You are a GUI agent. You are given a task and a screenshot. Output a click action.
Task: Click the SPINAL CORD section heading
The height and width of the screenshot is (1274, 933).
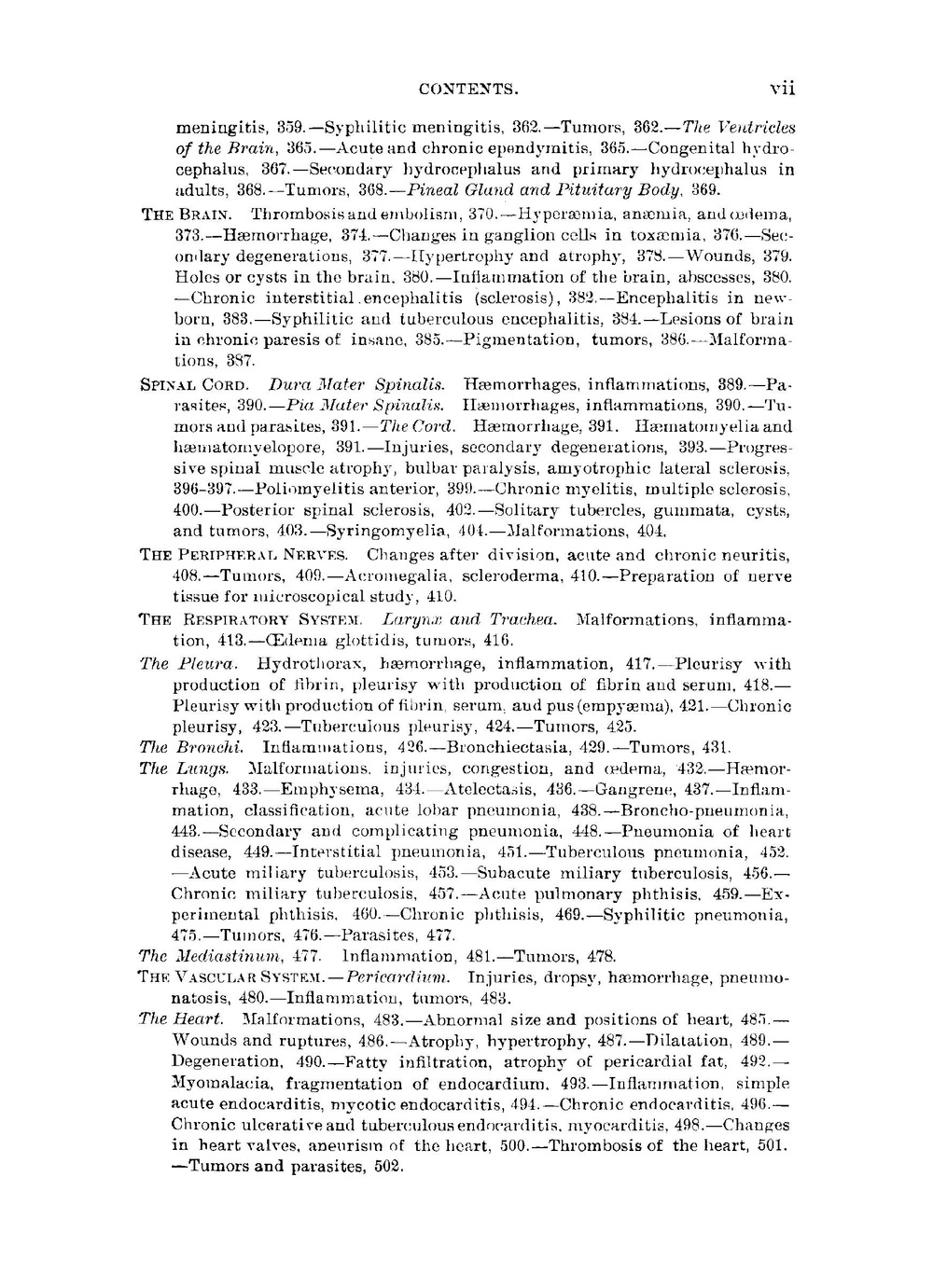pos(194,384)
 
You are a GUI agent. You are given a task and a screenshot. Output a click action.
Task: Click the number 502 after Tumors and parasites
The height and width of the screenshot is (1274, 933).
pos(387,1166)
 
